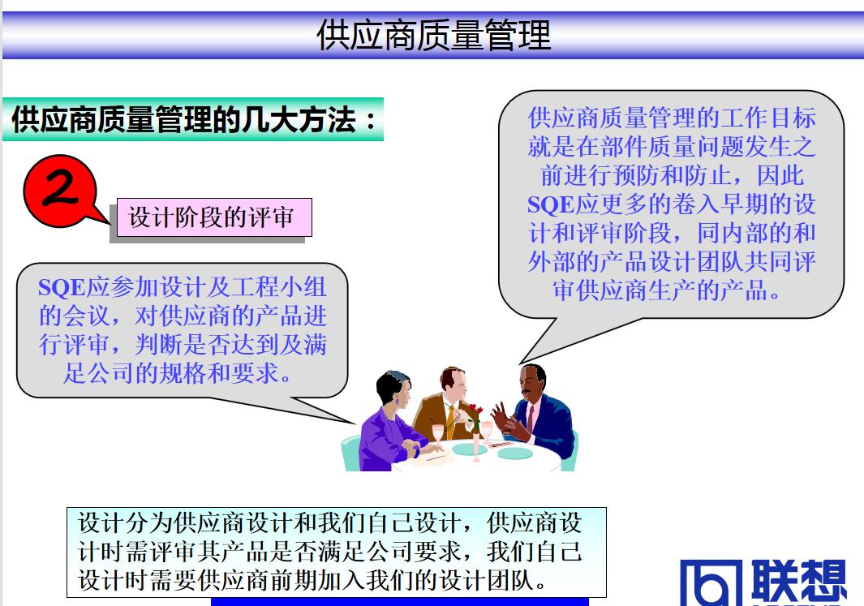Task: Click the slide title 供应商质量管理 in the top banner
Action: click(433, 36)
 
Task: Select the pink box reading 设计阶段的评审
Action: click(212, 217)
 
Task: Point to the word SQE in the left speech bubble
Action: click(62, 287)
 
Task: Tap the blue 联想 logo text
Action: click(798, 581)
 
